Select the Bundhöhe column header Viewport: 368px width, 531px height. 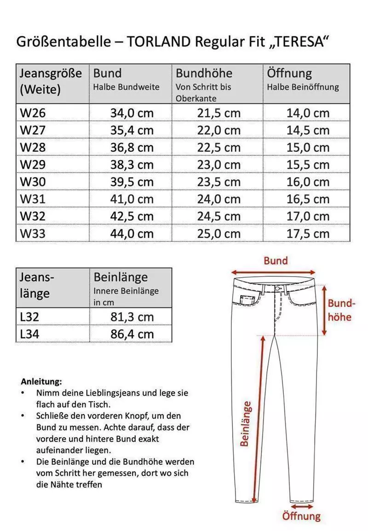204,74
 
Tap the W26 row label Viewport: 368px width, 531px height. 33,113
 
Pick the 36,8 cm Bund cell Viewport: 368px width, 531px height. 132,148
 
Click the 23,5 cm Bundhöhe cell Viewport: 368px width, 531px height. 218,182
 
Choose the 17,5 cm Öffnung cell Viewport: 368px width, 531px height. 308,234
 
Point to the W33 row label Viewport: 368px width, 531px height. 33,234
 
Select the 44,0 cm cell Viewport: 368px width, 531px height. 132,234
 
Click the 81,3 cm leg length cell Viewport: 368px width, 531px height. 132,317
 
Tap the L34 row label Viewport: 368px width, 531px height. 29,334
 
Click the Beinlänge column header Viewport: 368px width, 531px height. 121,278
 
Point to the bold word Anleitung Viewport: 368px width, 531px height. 41,382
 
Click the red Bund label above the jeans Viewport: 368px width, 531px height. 276,261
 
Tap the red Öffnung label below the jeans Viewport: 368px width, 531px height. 301,516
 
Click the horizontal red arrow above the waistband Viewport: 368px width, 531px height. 276,272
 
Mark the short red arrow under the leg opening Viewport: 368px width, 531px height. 301,507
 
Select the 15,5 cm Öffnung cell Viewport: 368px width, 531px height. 308,165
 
